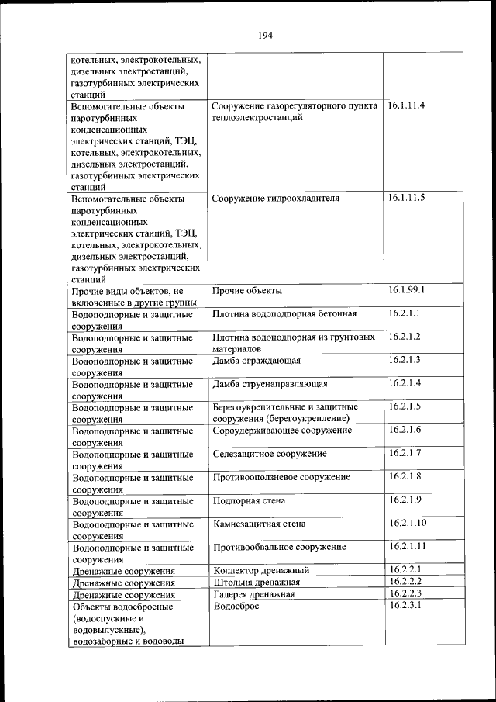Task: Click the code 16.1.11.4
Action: tap(407, 105)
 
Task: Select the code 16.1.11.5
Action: tap(407, 198)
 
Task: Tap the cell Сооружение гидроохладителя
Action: tap(275, 199)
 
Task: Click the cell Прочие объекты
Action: tap(247, 291)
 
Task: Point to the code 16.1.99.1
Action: tap(407, 290)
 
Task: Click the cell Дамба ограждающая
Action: tap(257, 361)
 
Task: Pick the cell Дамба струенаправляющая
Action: tap(270, 384)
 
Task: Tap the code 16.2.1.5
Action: tap(405, 406)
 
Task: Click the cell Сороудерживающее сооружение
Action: tap(282, 431)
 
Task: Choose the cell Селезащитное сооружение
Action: tap(269, 454)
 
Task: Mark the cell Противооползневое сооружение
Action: tap(281, 477)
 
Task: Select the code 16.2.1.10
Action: tap(407, 523)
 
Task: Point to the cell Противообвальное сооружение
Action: tap(279, 547)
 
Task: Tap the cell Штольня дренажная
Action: tap(256, 583)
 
